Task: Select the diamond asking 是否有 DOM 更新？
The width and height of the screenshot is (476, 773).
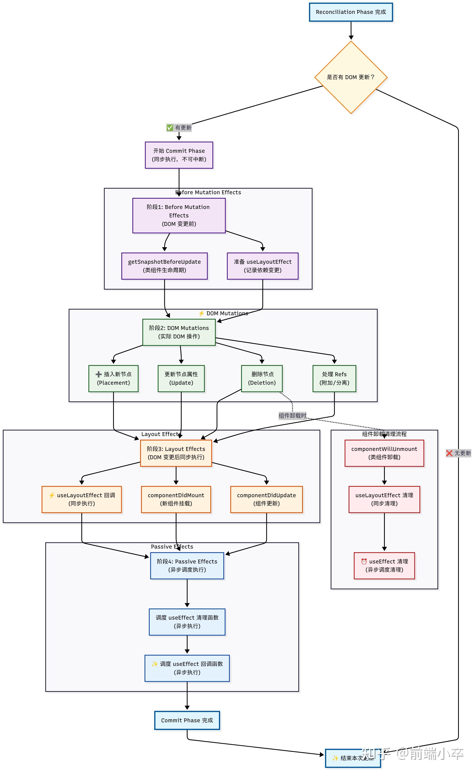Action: pyautogui.click(x=351, y=77)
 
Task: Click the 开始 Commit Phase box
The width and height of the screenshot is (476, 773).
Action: pyautogui.click(x=179, y=155)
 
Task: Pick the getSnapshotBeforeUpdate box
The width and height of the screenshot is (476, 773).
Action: pyautogui.click(x=164, y=266)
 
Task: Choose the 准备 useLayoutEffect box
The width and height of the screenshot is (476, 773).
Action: pyautogui.click(x=263, y=266)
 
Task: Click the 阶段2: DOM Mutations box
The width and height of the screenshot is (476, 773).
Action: pyautogui.click(x=179, y=332)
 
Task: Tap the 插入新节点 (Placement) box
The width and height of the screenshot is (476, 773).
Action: pyautogui.click(x=113, y=378)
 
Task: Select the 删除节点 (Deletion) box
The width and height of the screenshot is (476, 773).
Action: pyautogui.click(x=262, y=378)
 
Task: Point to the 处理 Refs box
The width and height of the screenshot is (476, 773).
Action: pyautogui.click(x=334, y=378)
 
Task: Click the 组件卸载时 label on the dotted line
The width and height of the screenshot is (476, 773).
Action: pyautogui.click(x=292, y=416)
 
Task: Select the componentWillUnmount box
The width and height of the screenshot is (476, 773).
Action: pyautogui.click(x=384, y=453)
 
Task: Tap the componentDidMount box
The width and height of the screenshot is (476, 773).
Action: pyautogui.click(x=176, y=499)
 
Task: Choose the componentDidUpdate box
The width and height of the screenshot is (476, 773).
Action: pyautogui.click(x=266, y=499)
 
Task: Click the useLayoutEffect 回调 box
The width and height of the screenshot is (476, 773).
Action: pyautogui.click(x=82, y=499)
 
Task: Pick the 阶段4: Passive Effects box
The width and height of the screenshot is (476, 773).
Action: pyautogui.click(x=187, y=565)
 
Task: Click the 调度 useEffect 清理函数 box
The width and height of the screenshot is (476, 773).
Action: pyautogui.click(x=187, y=622)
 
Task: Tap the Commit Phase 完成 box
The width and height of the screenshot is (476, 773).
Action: pyautogui.click(x=187, y=720)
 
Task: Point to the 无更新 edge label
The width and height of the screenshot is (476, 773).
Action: pyautogui.click(x=458, y=453)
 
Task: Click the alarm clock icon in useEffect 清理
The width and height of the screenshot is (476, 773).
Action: pyautogui.click(x=364, y=561)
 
